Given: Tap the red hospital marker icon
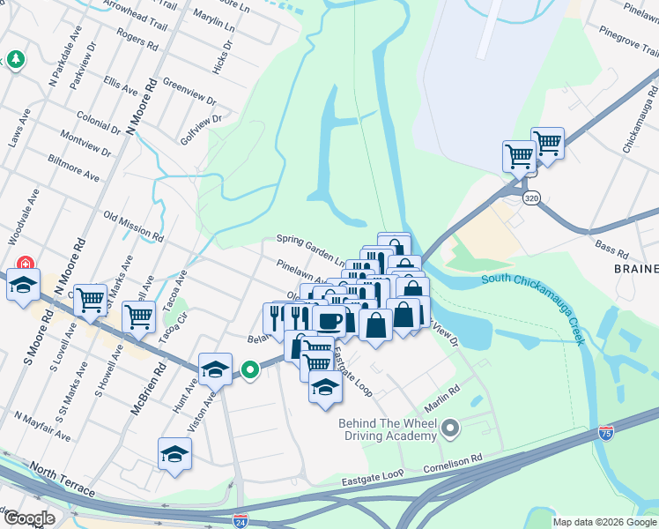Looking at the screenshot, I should [x=26, y=263].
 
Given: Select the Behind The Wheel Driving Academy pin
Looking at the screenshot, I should [x=450, y=429].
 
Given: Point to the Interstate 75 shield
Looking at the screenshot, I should [x=604, y=432].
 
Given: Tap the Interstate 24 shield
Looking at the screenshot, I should [x=241, y=520].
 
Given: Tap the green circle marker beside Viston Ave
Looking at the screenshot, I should [x=250, y=370].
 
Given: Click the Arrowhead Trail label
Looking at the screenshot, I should [x=136, y=17].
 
